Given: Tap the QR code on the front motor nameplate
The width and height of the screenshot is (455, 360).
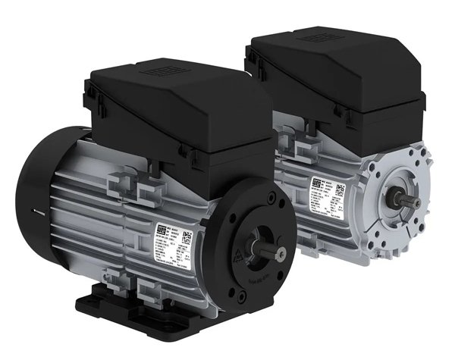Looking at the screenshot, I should click(x=186, y=236).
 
